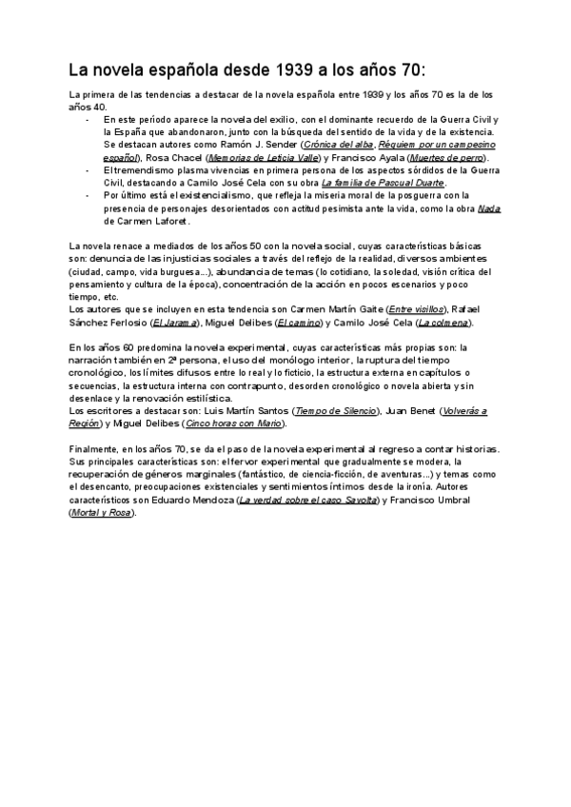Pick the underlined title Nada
[x=488, y=208]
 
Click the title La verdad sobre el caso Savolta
[x=314, y=500]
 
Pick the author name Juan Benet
[x=418, y=410]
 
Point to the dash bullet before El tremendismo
[x=88, y=169]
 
